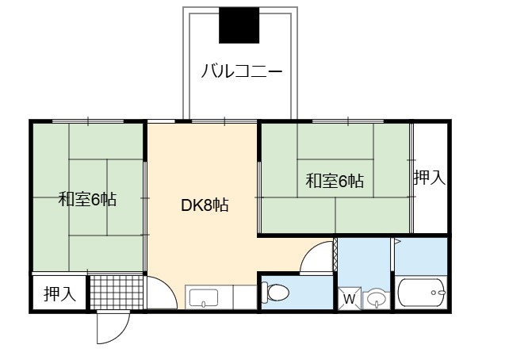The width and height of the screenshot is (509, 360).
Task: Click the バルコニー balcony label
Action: (x=242, y=71)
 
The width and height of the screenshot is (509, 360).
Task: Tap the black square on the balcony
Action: (x=239, y=25)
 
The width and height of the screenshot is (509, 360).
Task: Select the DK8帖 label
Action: (x=205, y=205)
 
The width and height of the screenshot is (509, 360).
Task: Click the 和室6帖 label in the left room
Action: (x=87, y=199)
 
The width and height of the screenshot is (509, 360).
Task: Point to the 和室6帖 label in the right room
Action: (x=335, y=181)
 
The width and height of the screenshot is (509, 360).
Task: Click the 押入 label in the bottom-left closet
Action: (x=59, y=293)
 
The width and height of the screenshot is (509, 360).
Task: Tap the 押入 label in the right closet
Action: (x=429, y=178)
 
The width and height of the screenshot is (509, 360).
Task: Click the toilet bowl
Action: (x=275, y=292)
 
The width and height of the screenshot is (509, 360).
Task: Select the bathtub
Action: (x=421, y=293)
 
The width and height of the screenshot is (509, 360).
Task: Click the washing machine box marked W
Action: (x=350, y=298)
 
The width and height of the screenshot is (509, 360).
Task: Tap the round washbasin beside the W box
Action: (x=377, y=300)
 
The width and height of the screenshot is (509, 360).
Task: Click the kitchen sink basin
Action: (x=204, y=298)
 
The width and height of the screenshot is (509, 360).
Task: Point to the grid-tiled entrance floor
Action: (x=117, y=292)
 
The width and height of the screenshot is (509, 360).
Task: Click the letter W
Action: (x=350, y=299)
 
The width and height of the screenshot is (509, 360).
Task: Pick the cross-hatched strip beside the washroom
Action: (x=335, y=255)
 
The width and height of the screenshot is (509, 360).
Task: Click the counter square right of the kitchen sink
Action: (x=245, y=297)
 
